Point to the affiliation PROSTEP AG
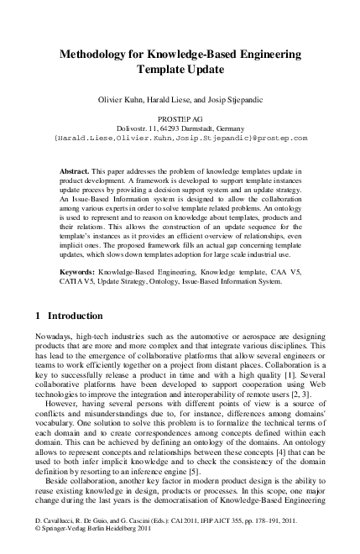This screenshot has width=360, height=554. (x=180, y=121)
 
